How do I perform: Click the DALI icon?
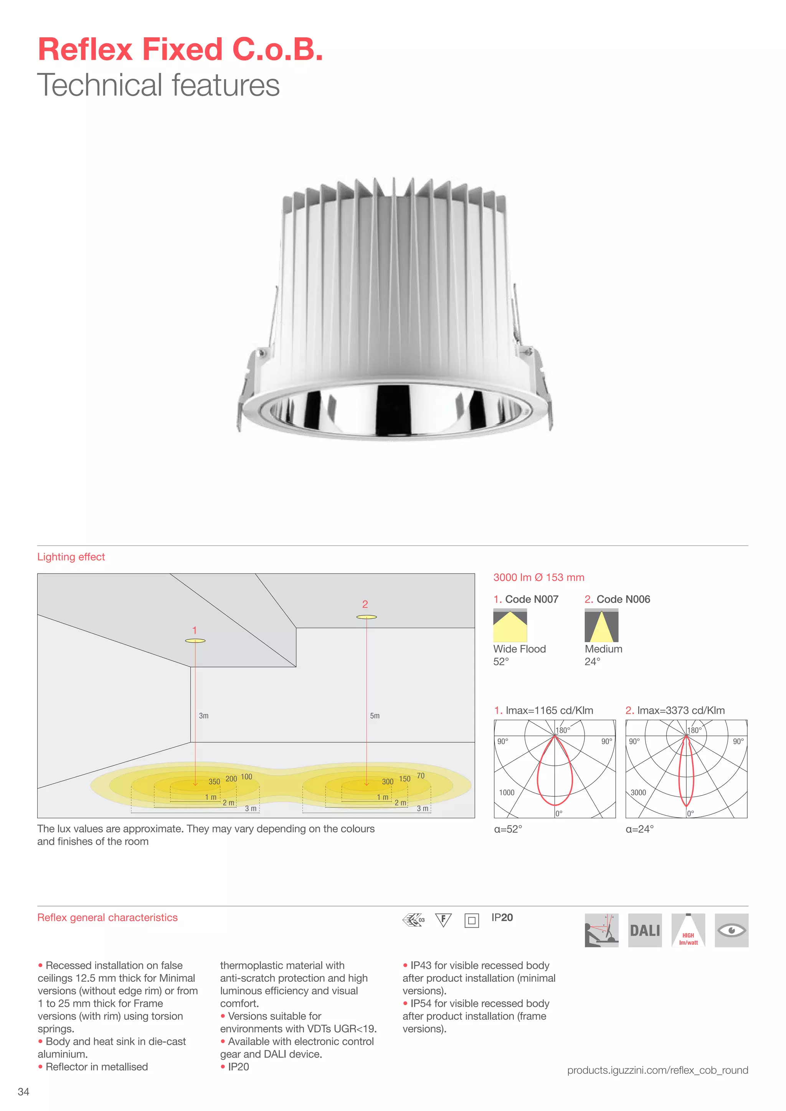(645, 930)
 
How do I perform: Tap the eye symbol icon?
(731, 930)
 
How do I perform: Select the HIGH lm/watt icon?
(688, 930)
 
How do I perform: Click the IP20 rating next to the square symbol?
(502, 917)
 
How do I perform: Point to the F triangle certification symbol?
(443, 920)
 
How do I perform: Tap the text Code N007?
(532, 599)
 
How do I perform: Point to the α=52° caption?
(508, 829)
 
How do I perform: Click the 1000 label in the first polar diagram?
(507, 793)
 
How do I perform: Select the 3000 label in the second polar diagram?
(638, 793)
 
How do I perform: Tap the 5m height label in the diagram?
(375, 715)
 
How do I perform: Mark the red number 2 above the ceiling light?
(365, 604)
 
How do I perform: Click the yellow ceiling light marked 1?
(195, 641)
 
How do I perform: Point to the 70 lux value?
(421, 776)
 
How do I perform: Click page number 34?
(23, 1092)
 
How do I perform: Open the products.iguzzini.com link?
(657, 1070)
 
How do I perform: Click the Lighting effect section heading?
(71, 557)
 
